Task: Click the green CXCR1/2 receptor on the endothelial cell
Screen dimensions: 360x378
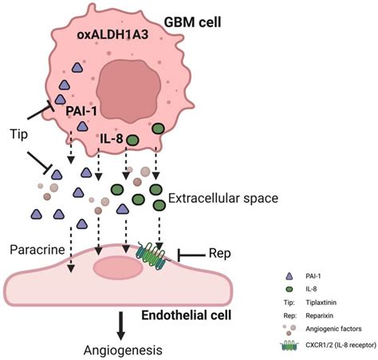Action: (x=152, y=255)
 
